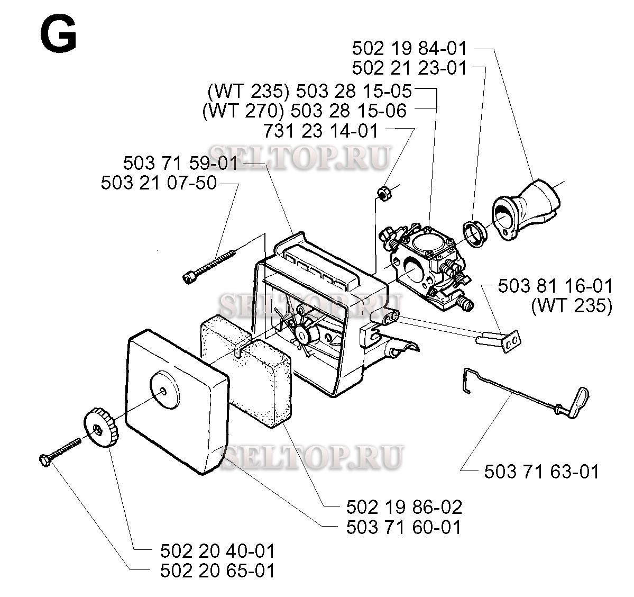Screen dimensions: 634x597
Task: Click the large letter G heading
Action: click(x=59, y=35)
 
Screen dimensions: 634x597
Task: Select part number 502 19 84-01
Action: click(x=410, y=49)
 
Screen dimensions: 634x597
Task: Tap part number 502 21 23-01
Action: click(x=410, y=68)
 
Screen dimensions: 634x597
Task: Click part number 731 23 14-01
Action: click(x=320, y=131)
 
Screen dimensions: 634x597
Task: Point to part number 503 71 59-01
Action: click(x=180, y=163)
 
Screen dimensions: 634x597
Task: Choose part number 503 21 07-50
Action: click(x=159, y=183)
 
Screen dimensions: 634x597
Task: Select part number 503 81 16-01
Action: click(x=555, y=286)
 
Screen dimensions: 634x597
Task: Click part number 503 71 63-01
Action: click(x=541, y=472)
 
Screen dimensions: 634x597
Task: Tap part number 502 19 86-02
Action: click(x=404, y=507)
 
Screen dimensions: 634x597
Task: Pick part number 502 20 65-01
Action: click(x=217, y=571)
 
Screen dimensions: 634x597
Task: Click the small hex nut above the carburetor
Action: click(x=382, y=193)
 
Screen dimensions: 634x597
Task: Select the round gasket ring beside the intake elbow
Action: click(x=475, y=234)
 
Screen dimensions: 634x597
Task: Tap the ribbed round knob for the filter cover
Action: click(x=101, y=428)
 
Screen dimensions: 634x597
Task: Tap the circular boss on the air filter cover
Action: click(x=164, y=390)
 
